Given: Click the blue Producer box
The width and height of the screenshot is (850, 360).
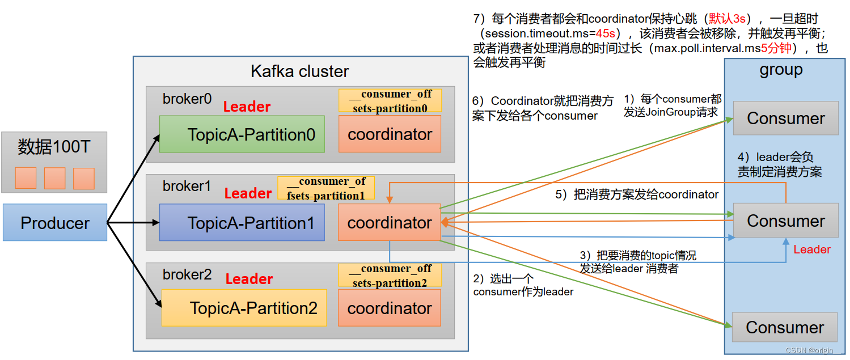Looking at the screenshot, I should click(54, 223).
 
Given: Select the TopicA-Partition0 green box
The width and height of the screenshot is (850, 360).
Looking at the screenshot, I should click(242, 134).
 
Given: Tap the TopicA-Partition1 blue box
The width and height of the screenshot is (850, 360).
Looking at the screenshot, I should click(242, 223).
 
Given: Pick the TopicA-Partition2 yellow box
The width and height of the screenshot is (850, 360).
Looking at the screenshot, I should click(244, 308).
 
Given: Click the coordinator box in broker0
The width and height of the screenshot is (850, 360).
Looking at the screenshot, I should click(390, 134).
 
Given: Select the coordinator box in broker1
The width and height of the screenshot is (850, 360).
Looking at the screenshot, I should click(390, 223).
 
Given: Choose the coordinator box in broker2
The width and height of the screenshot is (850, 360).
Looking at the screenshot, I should click(390, 308).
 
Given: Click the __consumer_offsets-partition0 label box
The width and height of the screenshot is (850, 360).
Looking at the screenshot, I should click(390, 101).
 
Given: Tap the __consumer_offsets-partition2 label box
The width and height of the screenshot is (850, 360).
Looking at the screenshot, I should click(390, 275).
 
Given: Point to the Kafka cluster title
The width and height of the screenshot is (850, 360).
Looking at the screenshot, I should click(300, 71).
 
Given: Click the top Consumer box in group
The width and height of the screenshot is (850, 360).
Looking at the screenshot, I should click(785, 118).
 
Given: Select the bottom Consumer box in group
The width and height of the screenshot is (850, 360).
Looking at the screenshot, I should click(785, 327).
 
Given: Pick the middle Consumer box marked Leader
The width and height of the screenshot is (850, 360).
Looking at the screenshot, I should click(785, 221).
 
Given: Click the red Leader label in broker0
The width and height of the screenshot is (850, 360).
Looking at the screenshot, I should click(247, 107).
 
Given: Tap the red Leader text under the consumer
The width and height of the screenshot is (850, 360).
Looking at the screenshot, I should click(812, 249).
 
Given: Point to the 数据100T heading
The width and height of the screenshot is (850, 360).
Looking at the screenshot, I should click(54, 147).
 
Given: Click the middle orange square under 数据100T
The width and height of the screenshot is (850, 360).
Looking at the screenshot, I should click(55, 178).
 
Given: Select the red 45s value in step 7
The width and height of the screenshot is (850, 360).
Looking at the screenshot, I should click(605, 33).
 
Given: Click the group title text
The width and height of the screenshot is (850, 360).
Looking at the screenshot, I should click(781, 70).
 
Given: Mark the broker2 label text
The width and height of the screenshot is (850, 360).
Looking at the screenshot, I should click(187, 274).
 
